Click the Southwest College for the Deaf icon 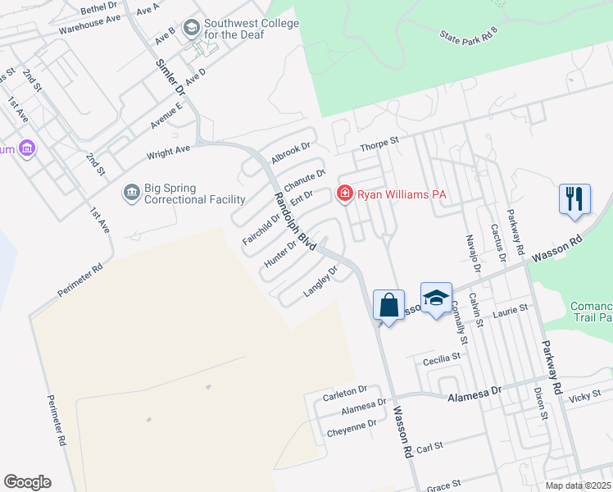coord(192,30)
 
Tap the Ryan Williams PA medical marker coord(345,194)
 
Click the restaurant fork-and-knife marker coord(574,199)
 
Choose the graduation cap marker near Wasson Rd coord(437,298)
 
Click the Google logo coord(27,482)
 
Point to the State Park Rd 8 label coord(468,35)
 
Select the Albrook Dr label coord(292,153)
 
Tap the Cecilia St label coord(443,358)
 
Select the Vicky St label coord(585,396)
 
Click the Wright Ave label coord(168,152)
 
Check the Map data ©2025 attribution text coord(578,485)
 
